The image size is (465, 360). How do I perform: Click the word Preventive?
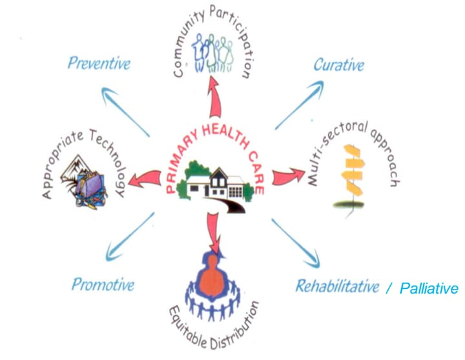99,63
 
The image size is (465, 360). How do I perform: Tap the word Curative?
338,65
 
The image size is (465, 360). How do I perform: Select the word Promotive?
103,284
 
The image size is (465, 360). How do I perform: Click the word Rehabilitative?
337,286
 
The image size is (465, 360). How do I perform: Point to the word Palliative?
428,288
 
